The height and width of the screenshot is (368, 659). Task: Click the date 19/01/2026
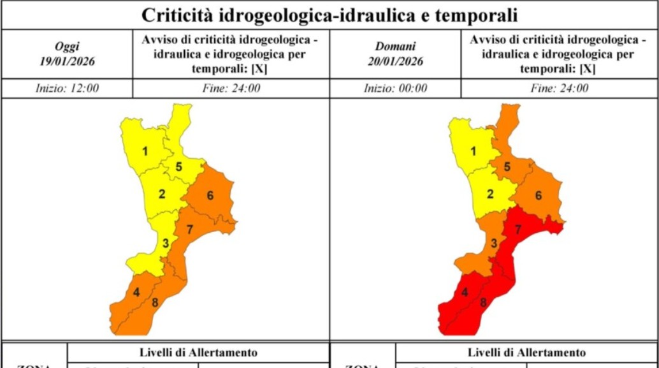click(x=67, y=62)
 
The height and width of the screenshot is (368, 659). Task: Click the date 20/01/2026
click(x=395, y=62)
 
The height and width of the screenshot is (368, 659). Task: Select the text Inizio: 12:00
click(x=67, y=89)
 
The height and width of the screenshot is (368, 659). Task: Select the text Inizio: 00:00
click(x=395, y=89)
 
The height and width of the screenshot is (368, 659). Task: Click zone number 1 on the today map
click(x=145, y=151)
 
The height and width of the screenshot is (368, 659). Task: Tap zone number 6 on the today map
click(x=210, y=195)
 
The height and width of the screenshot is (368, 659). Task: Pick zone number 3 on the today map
click(x=165, y=243)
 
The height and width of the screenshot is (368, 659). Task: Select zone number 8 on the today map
click(x=154, y=302)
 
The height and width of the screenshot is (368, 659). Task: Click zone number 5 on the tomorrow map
click(x=507, y=167)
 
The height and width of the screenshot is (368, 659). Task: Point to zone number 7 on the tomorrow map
click(x=518, y=229)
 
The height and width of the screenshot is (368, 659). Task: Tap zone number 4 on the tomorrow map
click(x=465, y=293)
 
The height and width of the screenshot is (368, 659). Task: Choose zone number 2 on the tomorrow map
click(x=490, y=195)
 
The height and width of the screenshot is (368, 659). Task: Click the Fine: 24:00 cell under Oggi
click(x=231, y=89)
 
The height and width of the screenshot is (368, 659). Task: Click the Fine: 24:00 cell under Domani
click(x=559, y=89)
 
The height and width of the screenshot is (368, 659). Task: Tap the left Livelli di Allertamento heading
click(x=198, y=353)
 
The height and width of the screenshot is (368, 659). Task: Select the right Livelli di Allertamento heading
click(x=526, y=353)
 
